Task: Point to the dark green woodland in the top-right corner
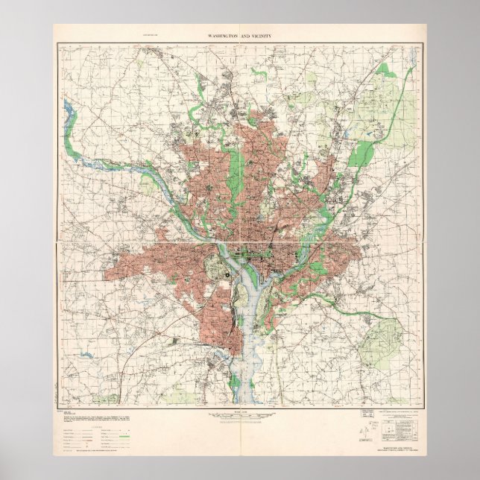387,70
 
